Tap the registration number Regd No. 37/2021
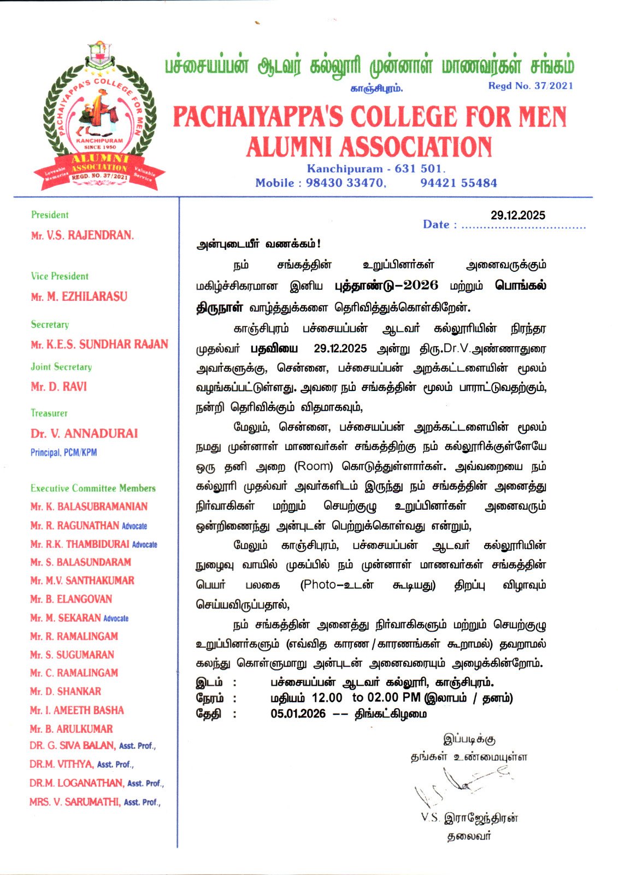coord(530,86)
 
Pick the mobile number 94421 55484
coord(458,183)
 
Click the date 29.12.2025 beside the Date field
coord(517,215)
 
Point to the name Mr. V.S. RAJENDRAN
coord(82,236)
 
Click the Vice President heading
coord(59,276)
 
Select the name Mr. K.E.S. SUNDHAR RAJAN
coord(99,345)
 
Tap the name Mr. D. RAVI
coord(58,387)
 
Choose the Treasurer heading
coord(49,413)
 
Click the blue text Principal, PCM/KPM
coord(63,453)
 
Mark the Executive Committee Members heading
coord(93,488)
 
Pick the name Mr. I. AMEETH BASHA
coord(76,710)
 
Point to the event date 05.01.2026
coord(298,714)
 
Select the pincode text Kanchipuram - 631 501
coord(376,168)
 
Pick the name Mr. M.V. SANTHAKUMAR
coord(82,581)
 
